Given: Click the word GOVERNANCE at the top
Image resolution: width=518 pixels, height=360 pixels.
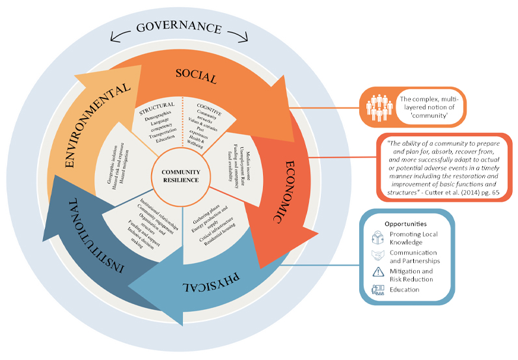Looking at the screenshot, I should (178, 28).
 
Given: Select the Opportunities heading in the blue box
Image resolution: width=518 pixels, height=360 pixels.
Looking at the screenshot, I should (405, 224).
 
